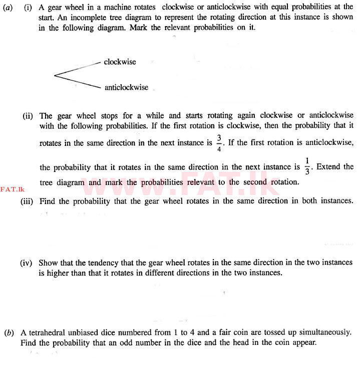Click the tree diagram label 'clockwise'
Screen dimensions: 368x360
click(120, 62)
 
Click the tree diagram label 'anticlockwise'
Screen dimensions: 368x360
click(126, 87)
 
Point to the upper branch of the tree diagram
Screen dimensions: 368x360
click(78, 68)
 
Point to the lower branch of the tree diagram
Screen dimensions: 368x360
click(78, 82)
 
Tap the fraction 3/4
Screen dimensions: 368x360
click(219, 142)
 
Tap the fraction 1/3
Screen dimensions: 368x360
click(307, 166)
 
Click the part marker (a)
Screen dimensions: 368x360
click(8, 7)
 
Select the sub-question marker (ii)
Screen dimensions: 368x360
click(28, 116)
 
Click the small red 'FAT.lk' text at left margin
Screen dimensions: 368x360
click(13, 189)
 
